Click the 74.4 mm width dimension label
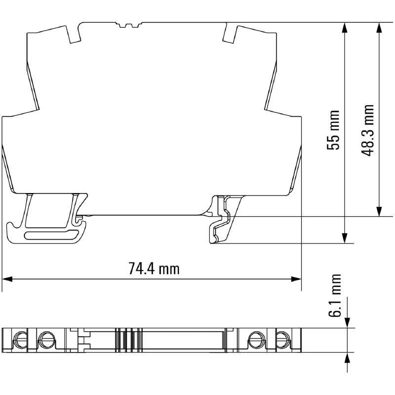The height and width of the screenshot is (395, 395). point(154,269)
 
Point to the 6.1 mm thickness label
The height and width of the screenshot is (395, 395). point(336,295)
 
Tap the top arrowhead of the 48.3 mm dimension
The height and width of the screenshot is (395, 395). point(379,27)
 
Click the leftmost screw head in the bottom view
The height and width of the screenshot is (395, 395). point(21,340)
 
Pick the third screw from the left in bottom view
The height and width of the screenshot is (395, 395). point(256,340)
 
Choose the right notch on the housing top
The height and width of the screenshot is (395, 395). point(230,33)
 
